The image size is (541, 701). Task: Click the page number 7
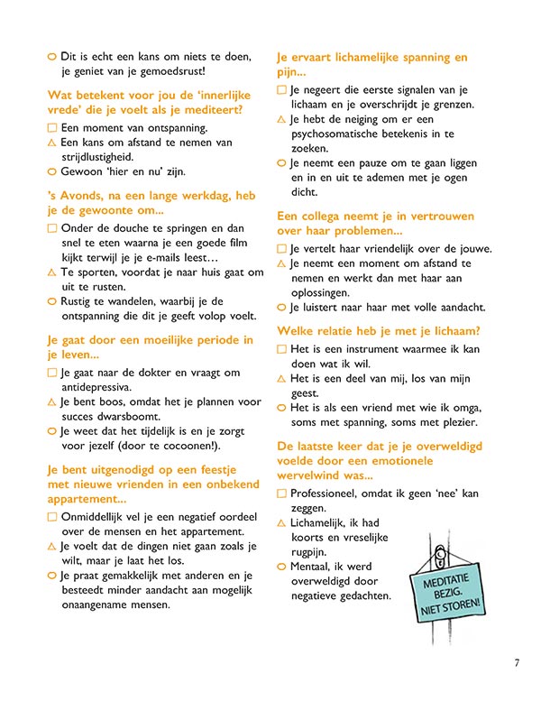click(517, 663)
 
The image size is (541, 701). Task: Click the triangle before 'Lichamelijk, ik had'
click(281, 523)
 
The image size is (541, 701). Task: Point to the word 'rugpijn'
click(310, 552)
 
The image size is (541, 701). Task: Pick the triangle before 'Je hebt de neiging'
click(281, 119)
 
